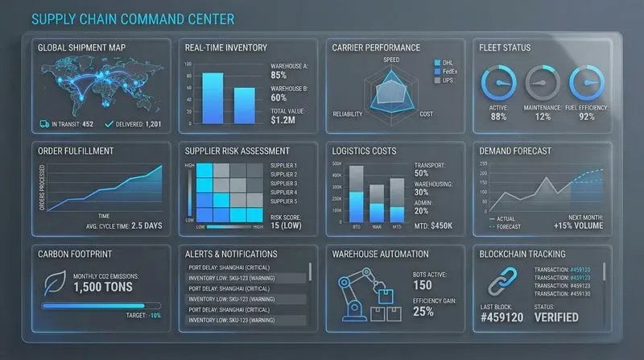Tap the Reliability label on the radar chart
click(348, 114)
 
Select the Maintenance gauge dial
click(542, 83)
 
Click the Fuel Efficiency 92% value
click(586, 117)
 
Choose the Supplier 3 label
click(284, 184)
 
